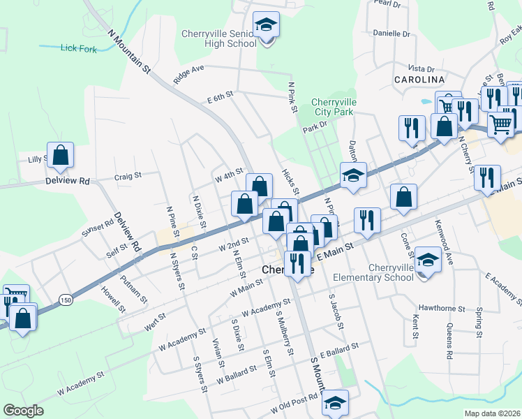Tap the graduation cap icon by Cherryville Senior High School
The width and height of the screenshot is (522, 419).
point(266,26)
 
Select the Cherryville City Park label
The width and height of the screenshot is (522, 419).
point(334,107)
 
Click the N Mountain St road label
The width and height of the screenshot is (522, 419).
point(130,51)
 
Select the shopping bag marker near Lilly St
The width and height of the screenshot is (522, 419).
point(60,156)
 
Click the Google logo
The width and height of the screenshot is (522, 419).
point(23,411)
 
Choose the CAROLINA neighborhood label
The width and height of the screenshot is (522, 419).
point(420,80)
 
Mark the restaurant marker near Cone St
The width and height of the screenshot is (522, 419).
point(366,221)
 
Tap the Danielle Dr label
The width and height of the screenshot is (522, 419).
point(391,34)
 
